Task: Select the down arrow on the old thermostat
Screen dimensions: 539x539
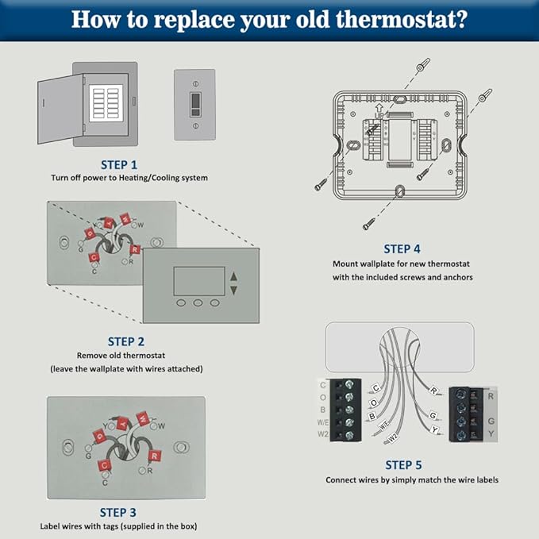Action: [233, 291]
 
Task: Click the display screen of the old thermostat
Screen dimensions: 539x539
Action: [197, 281]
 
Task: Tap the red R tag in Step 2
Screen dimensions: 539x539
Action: [134, 249]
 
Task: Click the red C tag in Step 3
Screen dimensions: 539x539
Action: [103, 466]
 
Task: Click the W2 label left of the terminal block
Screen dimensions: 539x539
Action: [322, 434]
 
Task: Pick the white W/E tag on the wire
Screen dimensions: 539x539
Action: [384, 425]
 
